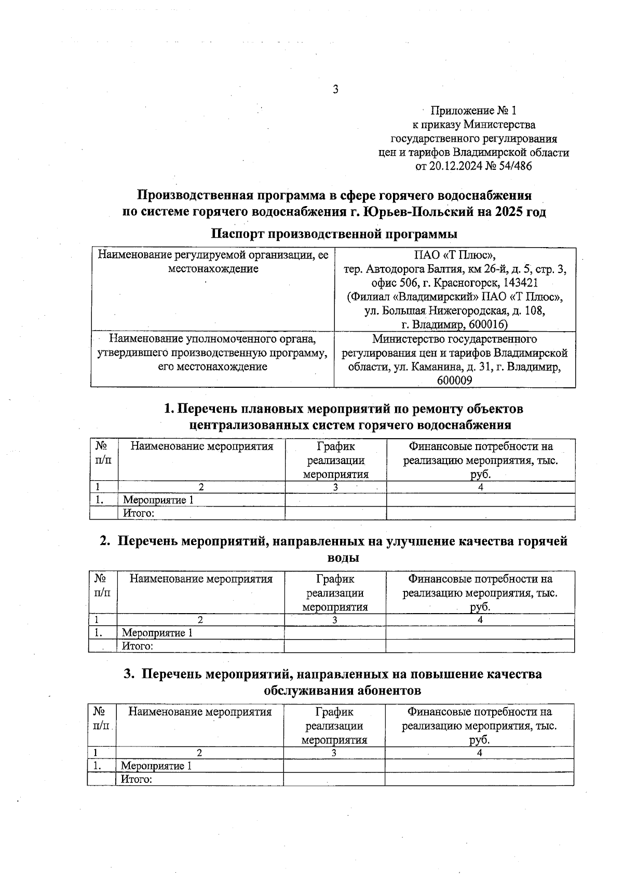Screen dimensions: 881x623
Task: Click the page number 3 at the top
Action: click(336, 89)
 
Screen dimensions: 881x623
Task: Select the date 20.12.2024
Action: click(454, 166)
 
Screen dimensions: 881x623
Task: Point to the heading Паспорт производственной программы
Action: click(334, 234)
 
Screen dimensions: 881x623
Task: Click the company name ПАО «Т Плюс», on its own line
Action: click(455, 255)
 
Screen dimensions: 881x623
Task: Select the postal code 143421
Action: click(515, 283)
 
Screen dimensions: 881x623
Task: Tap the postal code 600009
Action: click(455, 380)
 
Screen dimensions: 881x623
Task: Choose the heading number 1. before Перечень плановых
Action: click(169, 409)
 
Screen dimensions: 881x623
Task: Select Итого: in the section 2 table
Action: click(138, 646)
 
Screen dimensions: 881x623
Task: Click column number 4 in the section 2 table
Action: click(480, 620)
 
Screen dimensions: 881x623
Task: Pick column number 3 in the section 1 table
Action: click(336, 487)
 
